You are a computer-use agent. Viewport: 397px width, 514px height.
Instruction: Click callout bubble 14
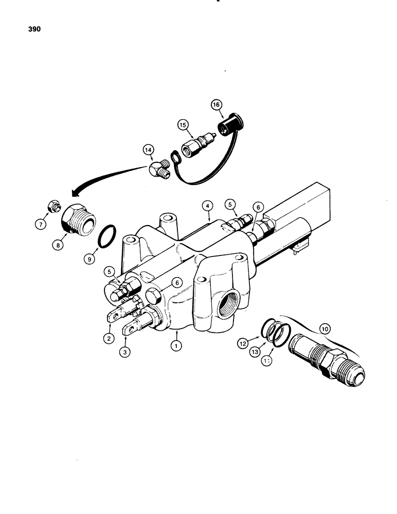click(149, 151)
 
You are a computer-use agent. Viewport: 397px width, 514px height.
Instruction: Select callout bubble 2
click(109, 338)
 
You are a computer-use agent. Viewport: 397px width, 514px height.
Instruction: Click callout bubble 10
click(323, 327)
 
